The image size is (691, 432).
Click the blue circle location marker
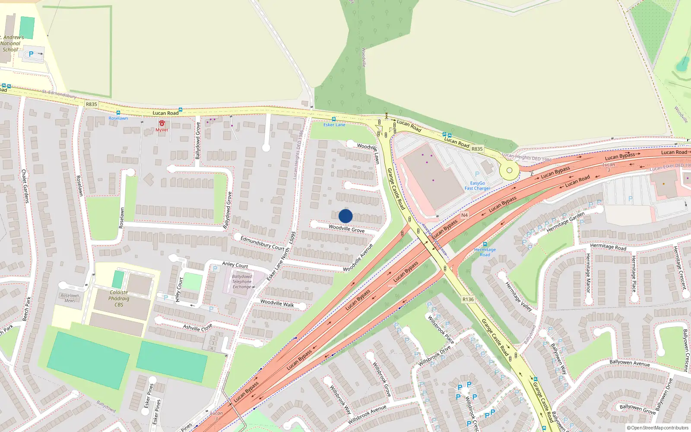coord(345,216)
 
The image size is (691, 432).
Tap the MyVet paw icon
coord(162,124)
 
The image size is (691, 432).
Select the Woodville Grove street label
coord(346,229)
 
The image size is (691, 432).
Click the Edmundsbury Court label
coord(262,243)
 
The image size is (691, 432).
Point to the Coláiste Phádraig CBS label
coord(119,299)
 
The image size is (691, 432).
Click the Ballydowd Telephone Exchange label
coord(242,282)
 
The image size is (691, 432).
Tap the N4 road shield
coord(464,215)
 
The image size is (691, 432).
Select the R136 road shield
coord(468,299)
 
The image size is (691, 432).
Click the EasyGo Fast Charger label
coord(477,186)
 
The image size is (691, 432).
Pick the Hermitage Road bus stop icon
coord(485,244)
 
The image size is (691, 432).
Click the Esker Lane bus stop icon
coord(334,119)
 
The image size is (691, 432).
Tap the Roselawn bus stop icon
coord(118,113)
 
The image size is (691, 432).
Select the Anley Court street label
coord(235,264)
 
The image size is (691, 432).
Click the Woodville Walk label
coord(277,303)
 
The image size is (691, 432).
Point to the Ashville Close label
coord(197,327)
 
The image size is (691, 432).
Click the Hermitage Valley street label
coord(518,297)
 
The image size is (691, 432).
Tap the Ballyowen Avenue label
coord(629,363)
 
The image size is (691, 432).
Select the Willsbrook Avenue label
coord(367,415)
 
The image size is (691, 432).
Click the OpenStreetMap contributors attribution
coord(658,428)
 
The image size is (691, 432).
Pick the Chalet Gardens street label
coord(25,186)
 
